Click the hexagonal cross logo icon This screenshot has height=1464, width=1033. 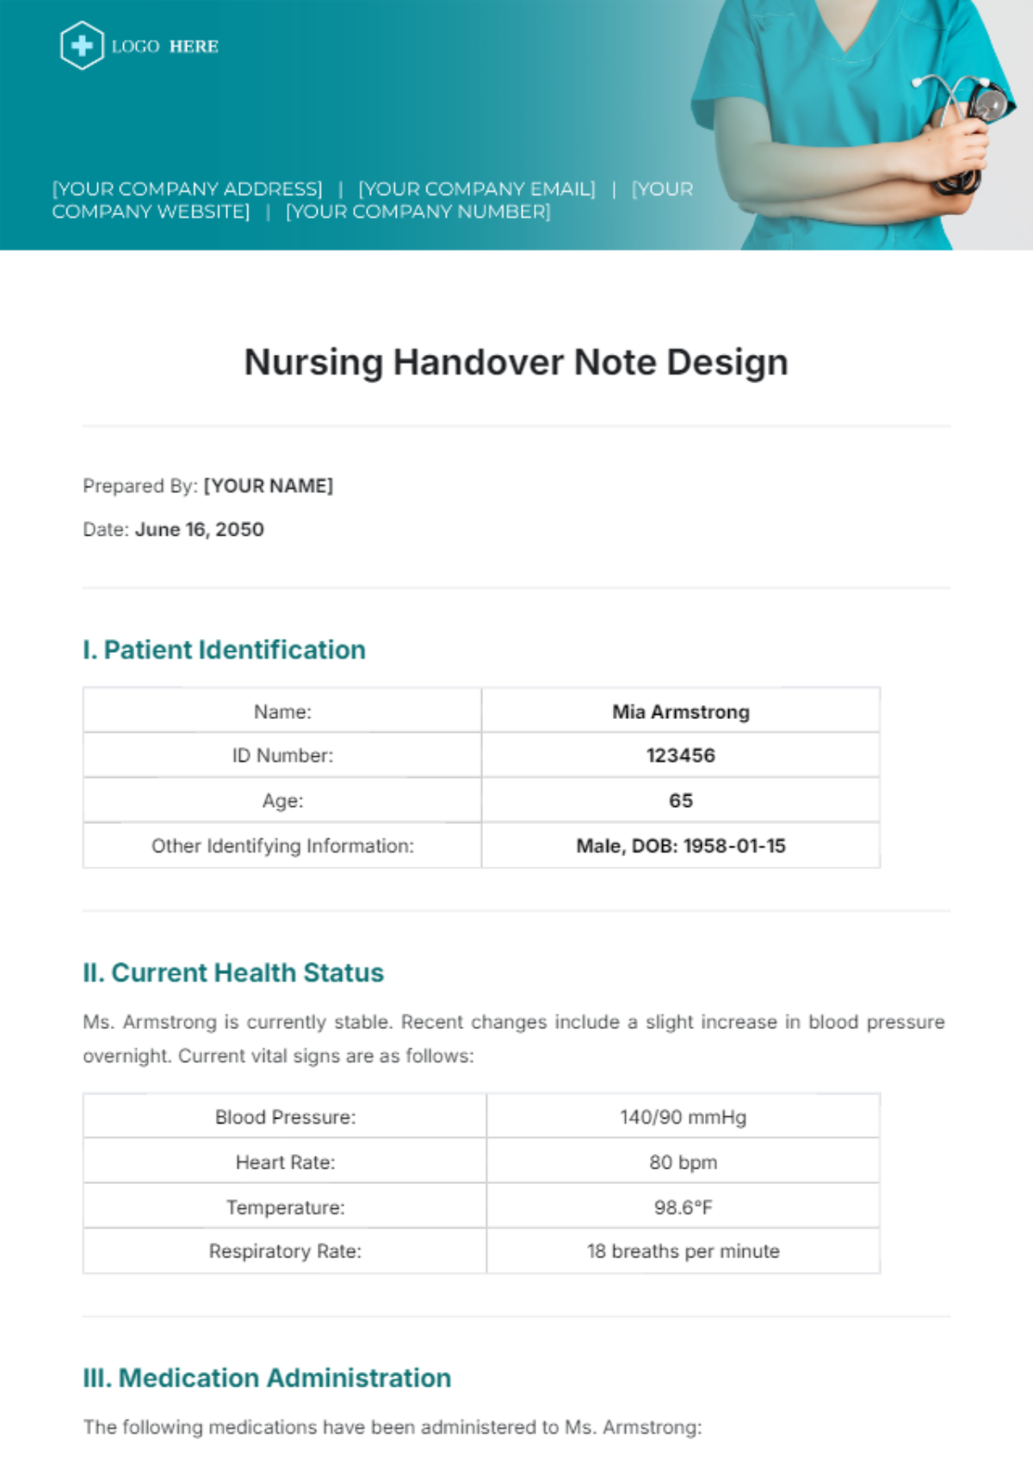(82, 46)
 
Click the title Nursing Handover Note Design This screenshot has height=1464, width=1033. (516, 363)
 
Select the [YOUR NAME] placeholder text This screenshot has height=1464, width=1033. (268, 486)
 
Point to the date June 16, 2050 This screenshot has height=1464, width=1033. (199, 530)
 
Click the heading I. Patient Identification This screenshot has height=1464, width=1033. (224, 649)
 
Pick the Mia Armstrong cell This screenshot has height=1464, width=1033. (680, 711)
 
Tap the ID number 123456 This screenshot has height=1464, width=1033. (680, 755)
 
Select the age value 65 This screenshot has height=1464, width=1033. (680, 800)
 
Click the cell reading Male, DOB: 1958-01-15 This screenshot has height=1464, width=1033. (680, 846)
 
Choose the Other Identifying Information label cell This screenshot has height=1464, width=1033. (282, 846)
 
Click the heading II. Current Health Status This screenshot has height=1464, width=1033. (233, 972)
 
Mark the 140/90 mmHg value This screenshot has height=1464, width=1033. (683, 1117)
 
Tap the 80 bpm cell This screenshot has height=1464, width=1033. (683, 1162)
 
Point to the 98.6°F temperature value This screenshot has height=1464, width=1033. (683, 1207)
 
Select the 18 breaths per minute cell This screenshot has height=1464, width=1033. (683, 1251)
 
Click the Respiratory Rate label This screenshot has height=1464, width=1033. (285, 1251)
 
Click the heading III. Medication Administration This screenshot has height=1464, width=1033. (267, 1378)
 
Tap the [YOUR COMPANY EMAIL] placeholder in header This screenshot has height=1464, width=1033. (476, 189)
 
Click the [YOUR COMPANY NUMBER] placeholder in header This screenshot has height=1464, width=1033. (418, 212)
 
